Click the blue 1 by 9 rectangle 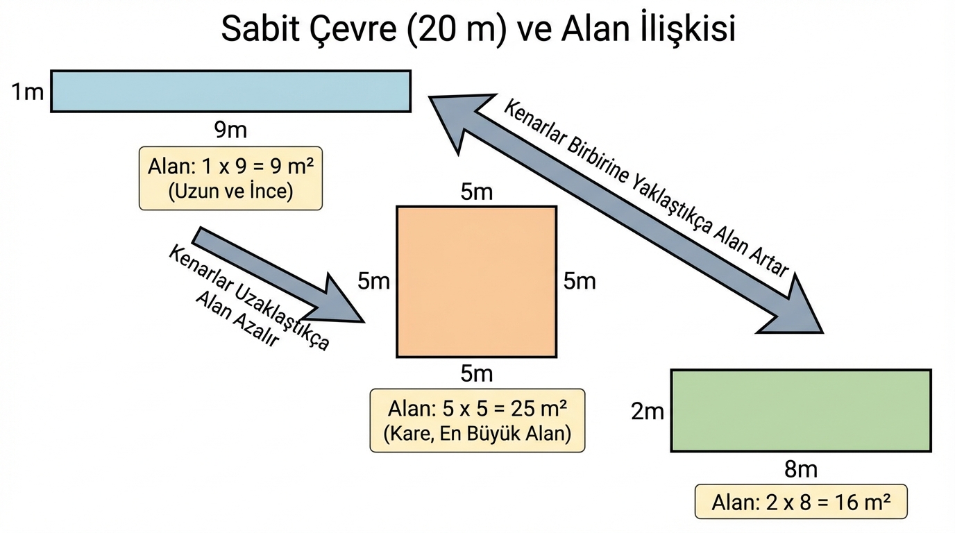(230, 91)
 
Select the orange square (476, 282)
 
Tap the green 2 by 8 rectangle (800, 410)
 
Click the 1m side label (27, 92)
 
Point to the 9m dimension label (230, 129)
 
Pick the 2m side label (648, 412)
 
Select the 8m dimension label (800, 470)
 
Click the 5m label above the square (476, 192)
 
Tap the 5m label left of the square (374, 281)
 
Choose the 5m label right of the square (579, 281)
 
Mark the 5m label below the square (476, 374)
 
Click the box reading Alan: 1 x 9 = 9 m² (231, 178)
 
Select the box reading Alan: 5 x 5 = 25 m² (477, 421)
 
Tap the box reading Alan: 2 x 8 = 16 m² (800, 501)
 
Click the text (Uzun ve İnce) (231, 192)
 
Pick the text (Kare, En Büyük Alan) (477, 434)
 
